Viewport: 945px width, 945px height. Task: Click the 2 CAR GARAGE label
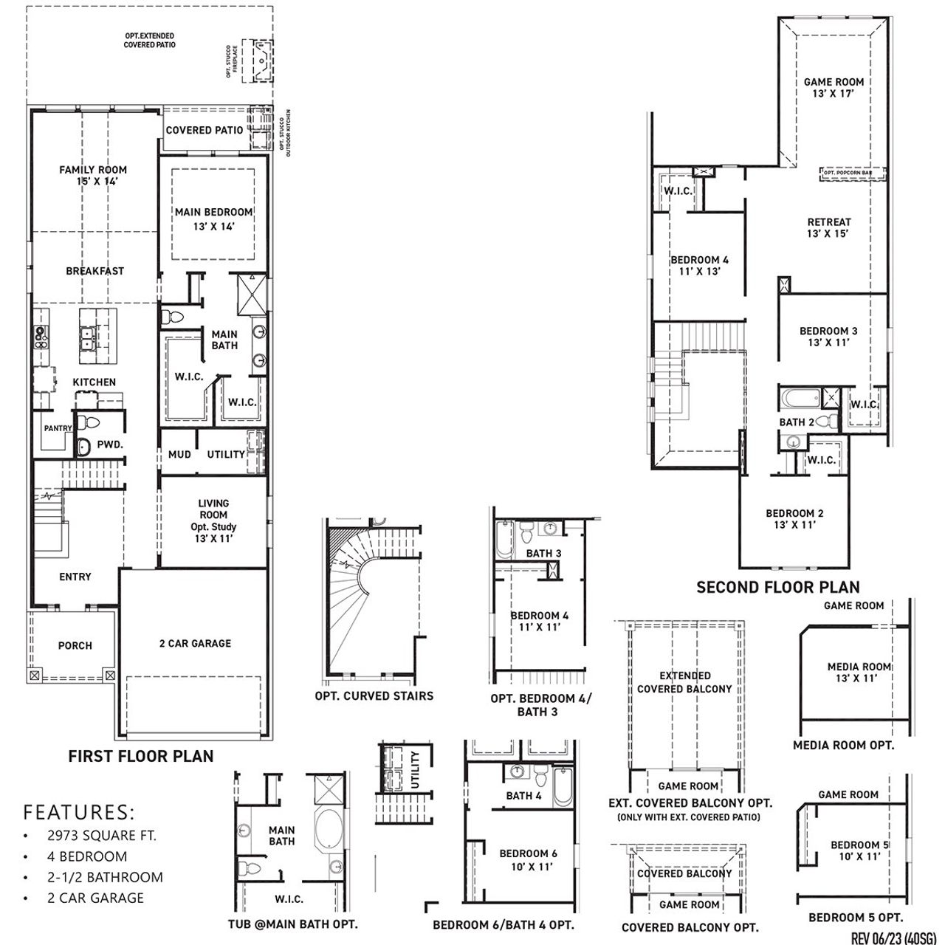pos(195,644)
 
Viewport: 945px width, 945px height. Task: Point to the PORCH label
pos(75,646)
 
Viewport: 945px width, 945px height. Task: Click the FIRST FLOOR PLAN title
pos(141,756)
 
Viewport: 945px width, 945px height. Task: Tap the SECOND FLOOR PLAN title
pos(778,588)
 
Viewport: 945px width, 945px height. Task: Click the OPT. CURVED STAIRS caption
pos(374,696)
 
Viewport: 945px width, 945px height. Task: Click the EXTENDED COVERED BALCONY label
pos(684,682)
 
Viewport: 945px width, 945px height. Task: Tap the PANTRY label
pos(58,428)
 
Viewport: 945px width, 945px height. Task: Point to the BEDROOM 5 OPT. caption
pos(856,918)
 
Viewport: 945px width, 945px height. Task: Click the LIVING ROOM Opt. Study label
pos(213,521)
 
